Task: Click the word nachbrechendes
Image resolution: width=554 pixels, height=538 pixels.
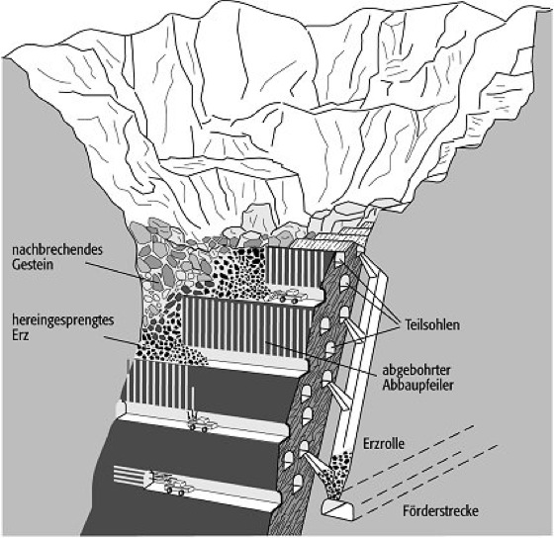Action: pyautogui.click(x=57, y=250)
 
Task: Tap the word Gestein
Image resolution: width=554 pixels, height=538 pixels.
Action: pyautogui.click(x=33, y=265)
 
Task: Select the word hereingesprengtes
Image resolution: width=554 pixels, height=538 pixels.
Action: pyautogui.click(x=63, y=321)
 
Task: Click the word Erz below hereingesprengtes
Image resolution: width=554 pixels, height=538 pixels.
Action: pyautogui.click(x=21, y=335)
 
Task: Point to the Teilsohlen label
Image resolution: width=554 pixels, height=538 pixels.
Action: pyautogui.click(x=432, y=325)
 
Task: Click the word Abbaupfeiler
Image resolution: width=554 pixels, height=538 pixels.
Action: pyautogui.click(x=417, y=385)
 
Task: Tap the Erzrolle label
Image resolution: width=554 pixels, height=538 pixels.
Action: pyautogui.click(x=384, y=444)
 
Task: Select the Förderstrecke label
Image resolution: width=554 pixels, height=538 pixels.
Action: pyautogui.click(x=440, y=510)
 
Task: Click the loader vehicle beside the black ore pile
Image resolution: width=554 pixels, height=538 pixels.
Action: pyautogui.click(x=291, y=296)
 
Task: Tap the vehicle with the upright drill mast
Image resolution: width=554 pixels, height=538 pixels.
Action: pyautogui.click(x=200, y=422)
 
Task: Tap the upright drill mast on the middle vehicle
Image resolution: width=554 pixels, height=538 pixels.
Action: pyautogui.click(x=193, y=402)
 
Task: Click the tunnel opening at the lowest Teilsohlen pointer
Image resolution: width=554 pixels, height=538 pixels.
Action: pyautogui.click(x=330, y=349)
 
